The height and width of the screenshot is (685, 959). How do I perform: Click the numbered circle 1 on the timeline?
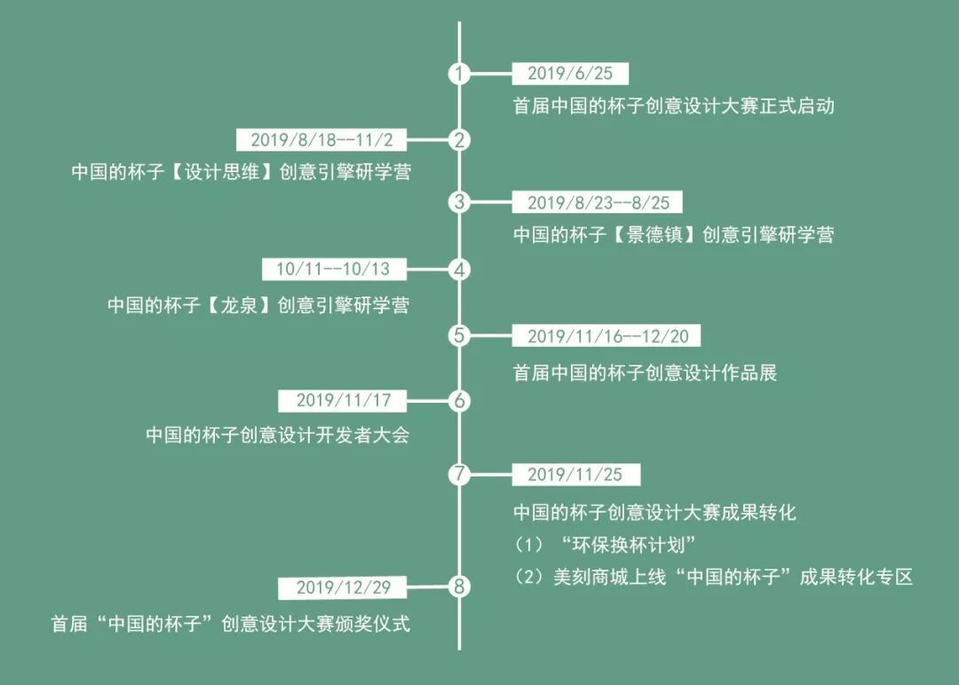(x=459, y=74)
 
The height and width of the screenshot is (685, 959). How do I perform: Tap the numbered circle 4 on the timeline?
(x=459, y=269)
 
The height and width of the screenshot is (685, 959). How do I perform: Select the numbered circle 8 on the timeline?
(x=459, y=587)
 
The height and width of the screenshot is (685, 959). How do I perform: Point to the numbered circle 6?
(x=459, y=400)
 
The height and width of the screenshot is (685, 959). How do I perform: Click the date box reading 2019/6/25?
(x=570, y=74)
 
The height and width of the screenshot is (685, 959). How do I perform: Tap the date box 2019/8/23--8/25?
(x=598, y=202)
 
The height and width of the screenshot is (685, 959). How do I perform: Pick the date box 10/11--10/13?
(x=333, y=269)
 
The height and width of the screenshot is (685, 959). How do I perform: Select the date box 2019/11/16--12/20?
(x=606, y=335)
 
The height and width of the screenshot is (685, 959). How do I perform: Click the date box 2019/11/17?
(x=344, y=400)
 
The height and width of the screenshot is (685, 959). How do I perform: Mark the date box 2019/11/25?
(x=575, y=474)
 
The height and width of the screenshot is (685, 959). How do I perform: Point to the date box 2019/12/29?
(x=344, y=587)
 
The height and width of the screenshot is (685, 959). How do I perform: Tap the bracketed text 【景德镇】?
(x=655, y=235)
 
